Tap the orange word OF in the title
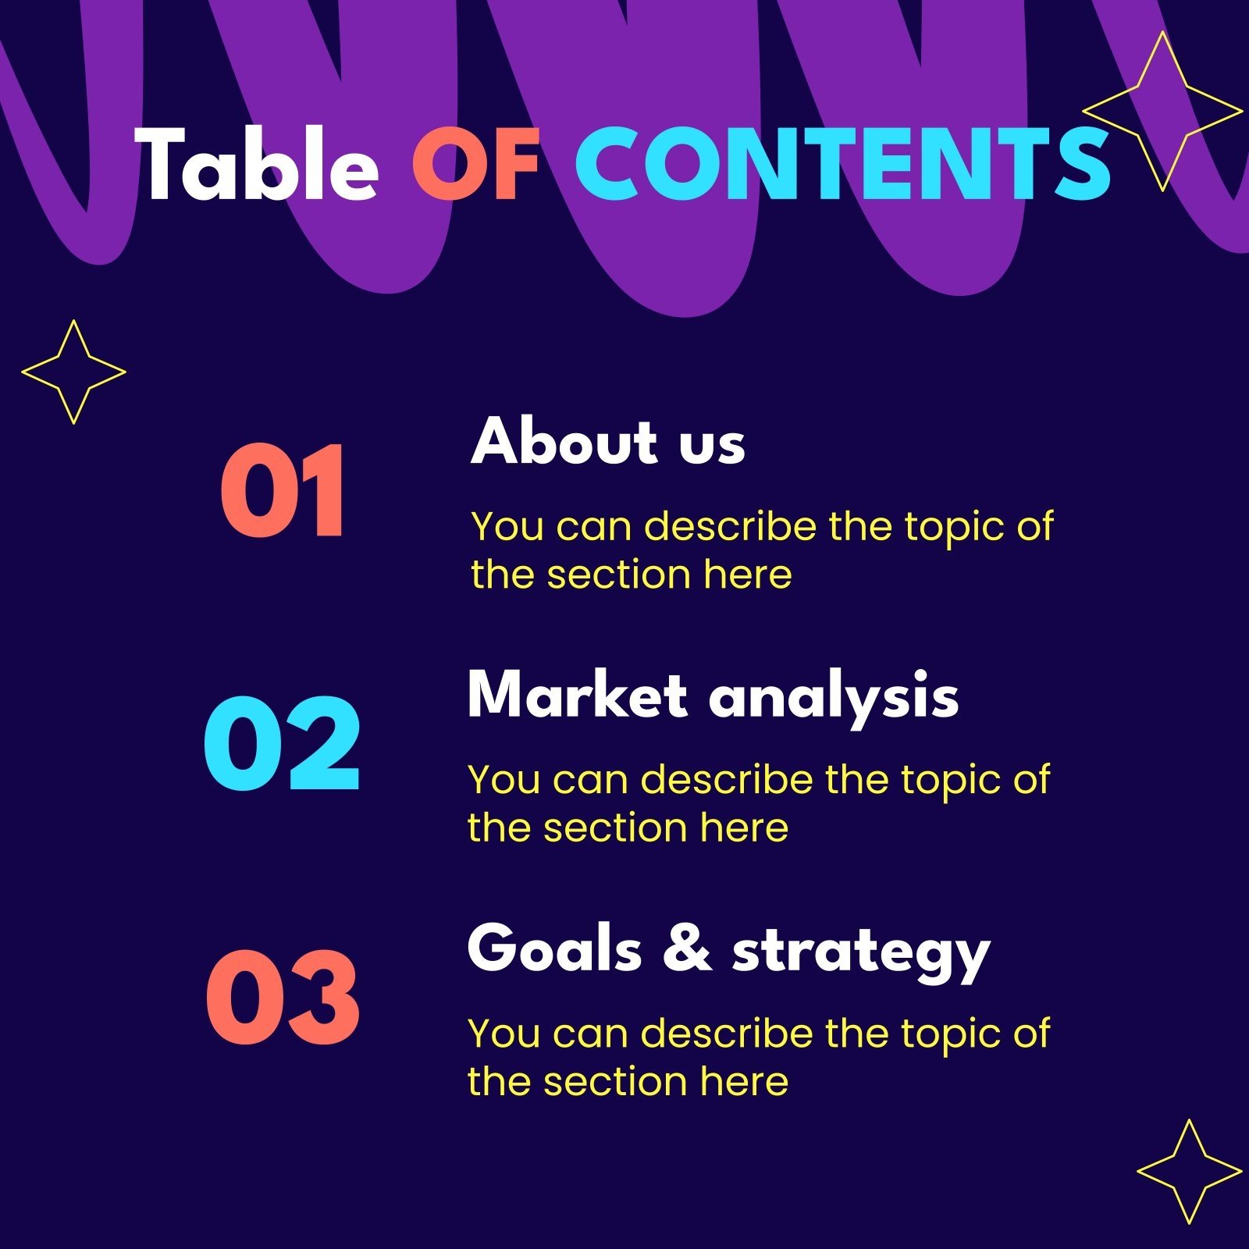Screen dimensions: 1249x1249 click(x=476, y=165)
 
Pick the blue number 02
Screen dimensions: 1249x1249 click(x=282, y=743)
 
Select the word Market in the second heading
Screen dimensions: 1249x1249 click(x=577, y=694)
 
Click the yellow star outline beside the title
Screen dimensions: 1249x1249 click(x=1162, y=111)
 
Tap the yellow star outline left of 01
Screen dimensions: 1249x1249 click(x=73, y=372)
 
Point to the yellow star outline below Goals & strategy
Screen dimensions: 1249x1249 click(x=1189, y=1171)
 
